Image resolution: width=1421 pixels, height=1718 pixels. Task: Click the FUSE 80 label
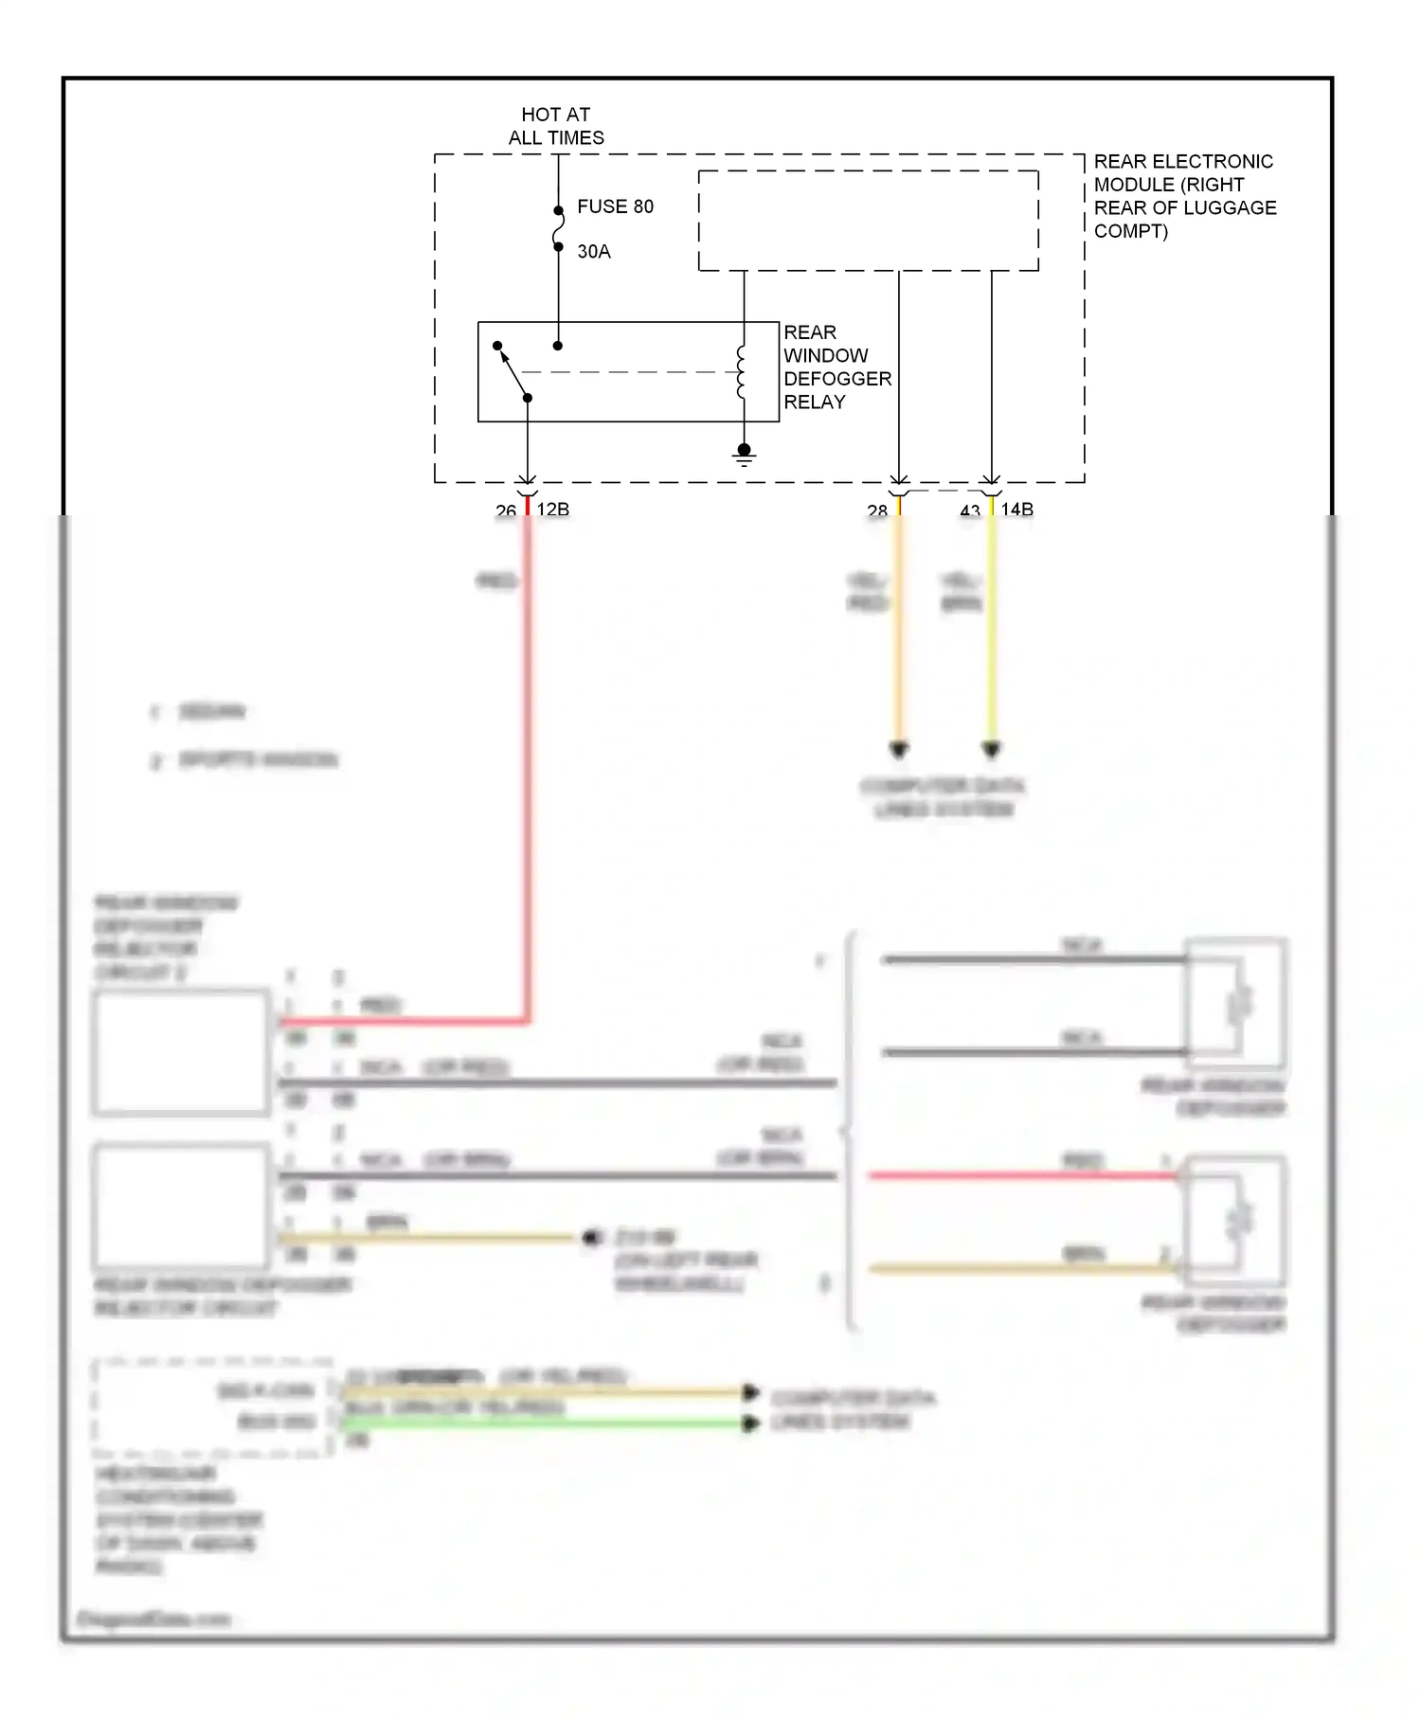[615, 206]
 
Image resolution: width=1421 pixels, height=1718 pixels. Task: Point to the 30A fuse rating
[594, 252]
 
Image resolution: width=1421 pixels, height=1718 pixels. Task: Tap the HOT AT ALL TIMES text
[556, 126]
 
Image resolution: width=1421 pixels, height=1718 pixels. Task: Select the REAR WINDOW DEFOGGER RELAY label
[836, 367]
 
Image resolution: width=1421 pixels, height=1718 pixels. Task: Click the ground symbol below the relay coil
[744, 456]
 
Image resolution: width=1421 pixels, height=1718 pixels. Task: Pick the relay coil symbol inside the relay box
[742, 372]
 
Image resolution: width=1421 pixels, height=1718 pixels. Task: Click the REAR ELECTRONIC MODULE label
[1184, 196]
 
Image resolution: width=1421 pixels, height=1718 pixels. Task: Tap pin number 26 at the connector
[506, 511]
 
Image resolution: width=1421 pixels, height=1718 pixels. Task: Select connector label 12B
[553, 510]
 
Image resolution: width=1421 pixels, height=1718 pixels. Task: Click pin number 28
[877, 511]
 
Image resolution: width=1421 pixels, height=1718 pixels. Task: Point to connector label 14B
[1017, 510]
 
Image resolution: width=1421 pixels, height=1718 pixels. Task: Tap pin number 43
[970, 511]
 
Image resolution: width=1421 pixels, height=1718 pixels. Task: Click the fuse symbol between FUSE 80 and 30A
[559, 228]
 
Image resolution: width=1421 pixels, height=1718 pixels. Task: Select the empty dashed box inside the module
[868, 221]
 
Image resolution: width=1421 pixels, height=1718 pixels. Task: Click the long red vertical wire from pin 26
[528, 758]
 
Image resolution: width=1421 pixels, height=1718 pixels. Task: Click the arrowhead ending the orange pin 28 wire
[899, 750]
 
